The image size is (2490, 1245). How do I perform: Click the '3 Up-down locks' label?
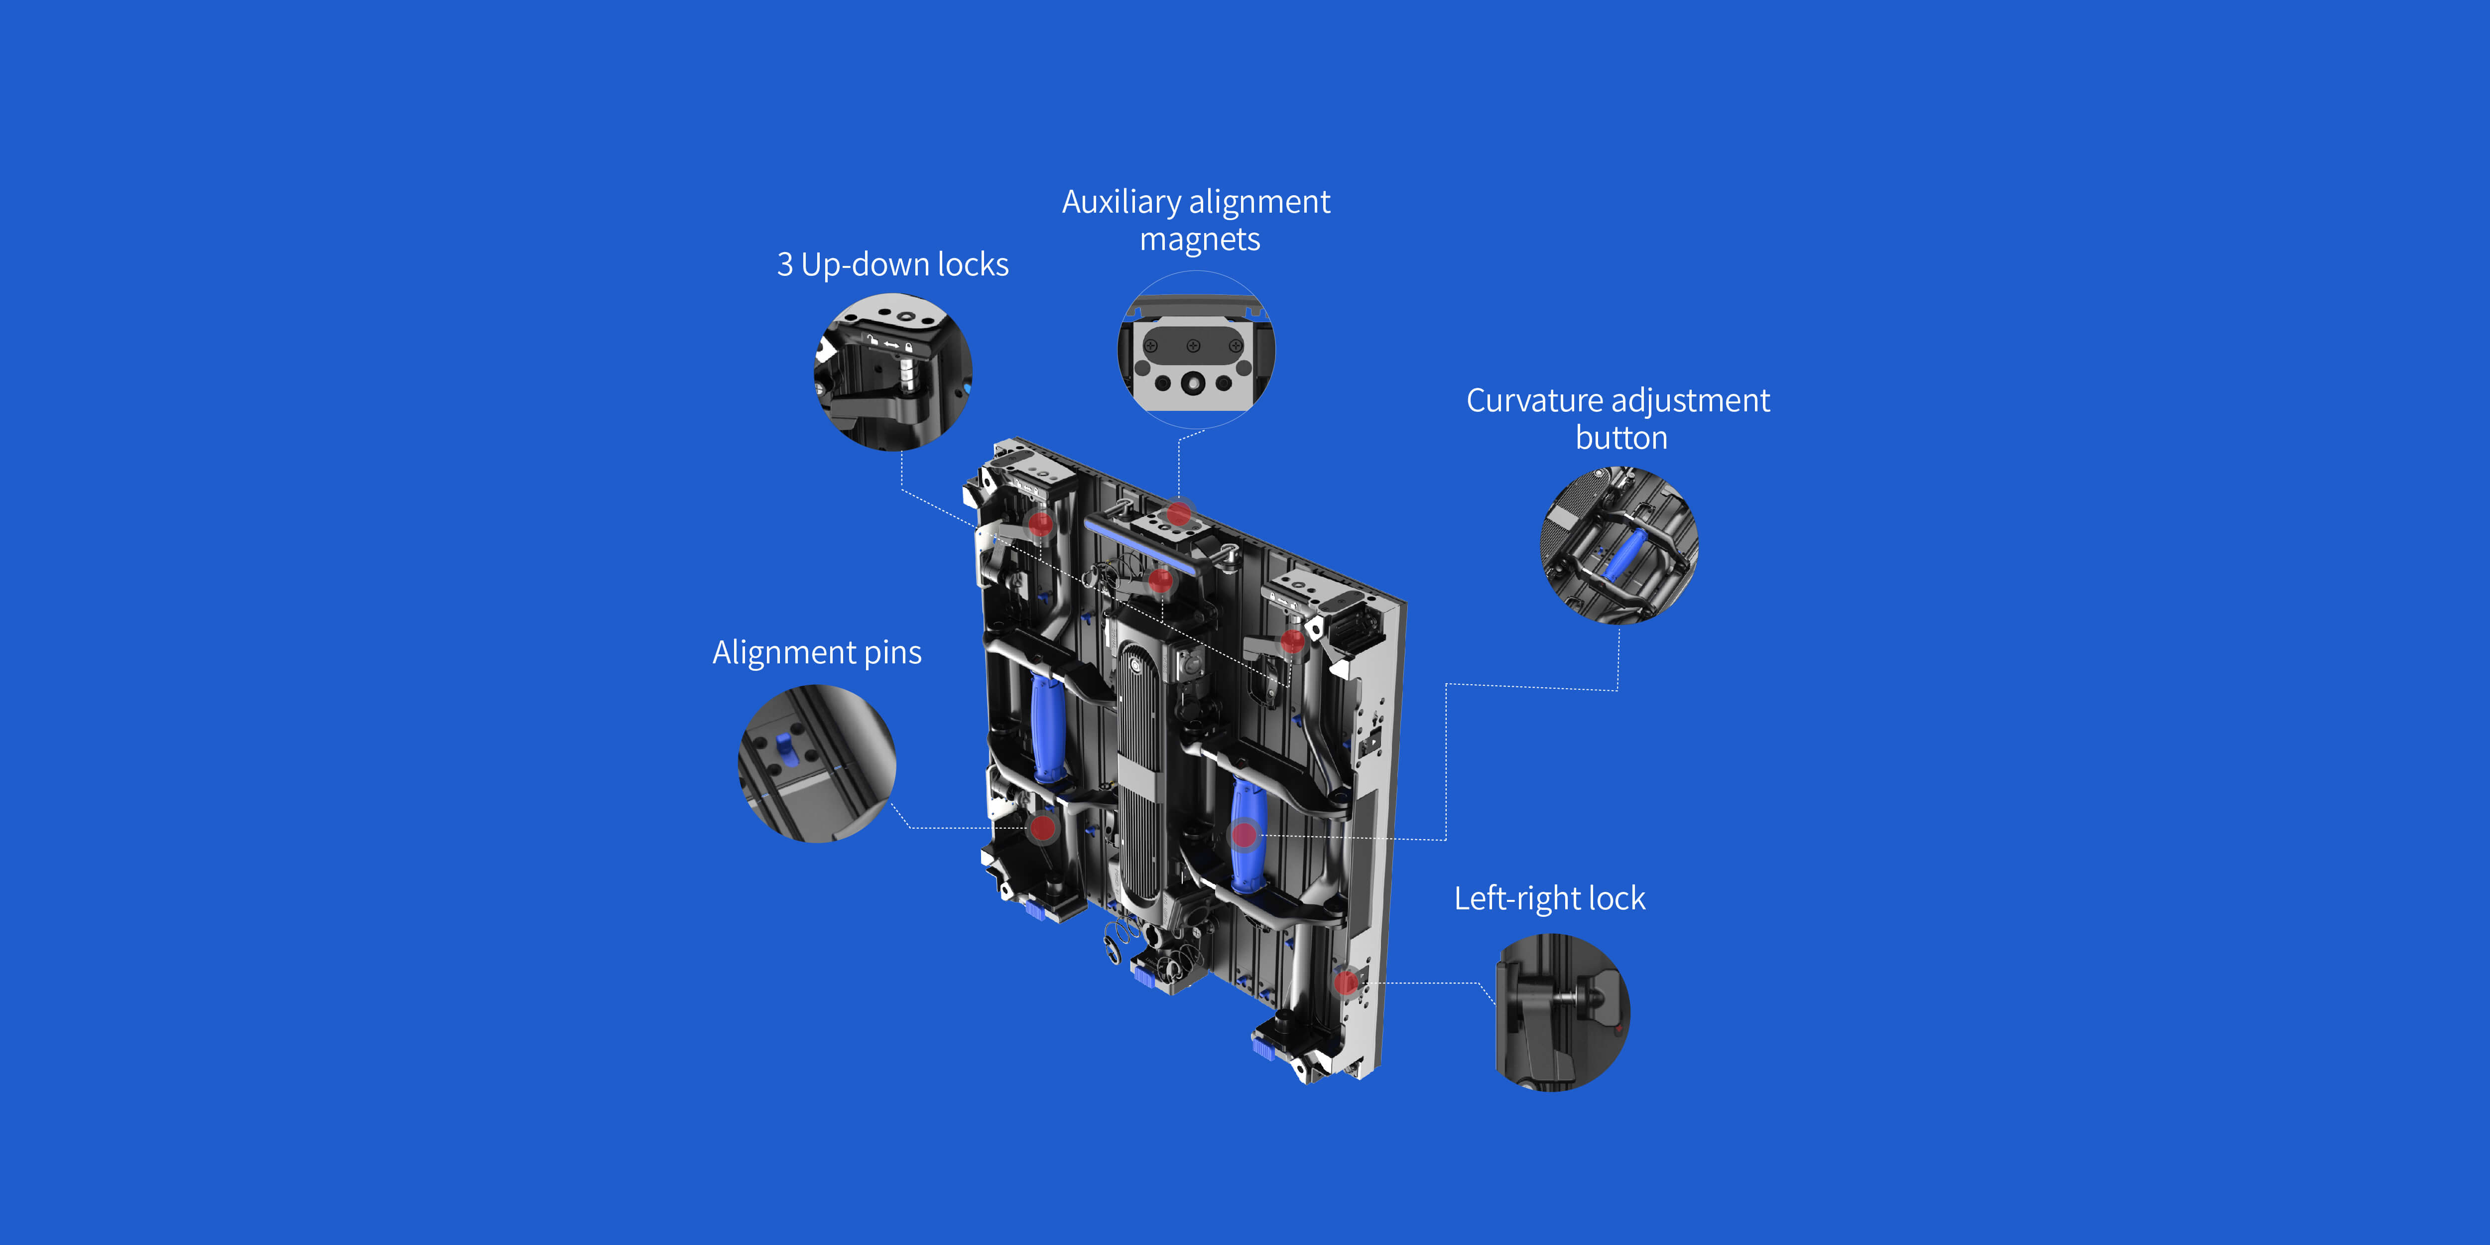(892, 264)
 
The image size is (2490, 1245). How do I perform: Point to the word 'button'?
(1621, 438)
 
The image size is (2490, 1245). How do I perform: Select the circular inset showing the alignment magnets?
(1197, 349)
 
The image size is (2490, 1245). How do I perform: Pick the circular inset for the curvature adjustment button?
(1619, 545)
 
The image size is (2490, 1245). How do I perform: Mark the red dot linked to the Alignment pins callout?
(1042, 827)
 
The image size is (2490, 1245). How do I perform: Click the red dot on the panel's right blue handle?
(1245, 834)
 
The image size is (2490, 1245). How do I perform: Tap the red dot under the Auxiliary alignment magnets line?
(1178, 513)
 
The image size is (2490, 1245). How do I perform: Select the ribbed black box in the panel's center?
(1140, 773)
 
